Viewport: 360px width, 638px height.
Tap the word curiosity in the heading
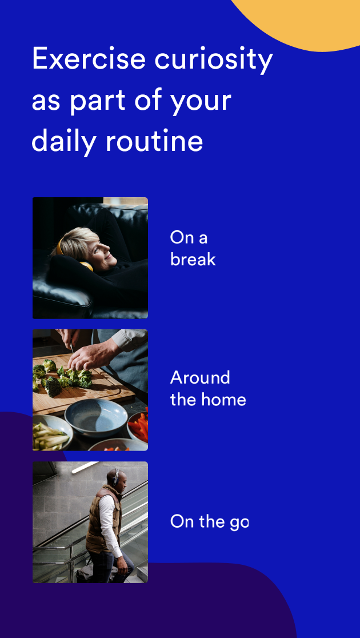[214, 60]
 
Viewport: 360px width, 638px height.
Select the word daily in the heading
[64, 142]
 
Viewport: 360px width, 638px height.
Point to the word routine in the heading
[154, 141]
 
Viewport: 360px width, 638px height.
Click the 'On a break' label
[193, 248]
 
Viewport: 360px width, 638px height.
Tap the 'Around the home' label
[208, 389]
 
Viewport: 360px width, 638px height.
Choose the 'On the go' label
[209, 521]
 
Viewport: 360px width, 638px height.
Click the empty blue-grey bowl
[96, 417]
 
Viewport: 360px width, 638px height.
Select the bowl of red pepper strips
[139, 428]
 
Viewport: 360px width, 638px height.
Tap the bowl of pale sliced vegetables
[50, 433]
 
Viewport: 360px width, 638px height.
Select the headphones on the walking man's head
[116, 477]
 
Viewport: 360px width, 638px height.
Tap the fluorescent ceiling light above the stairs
[85, 467]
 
